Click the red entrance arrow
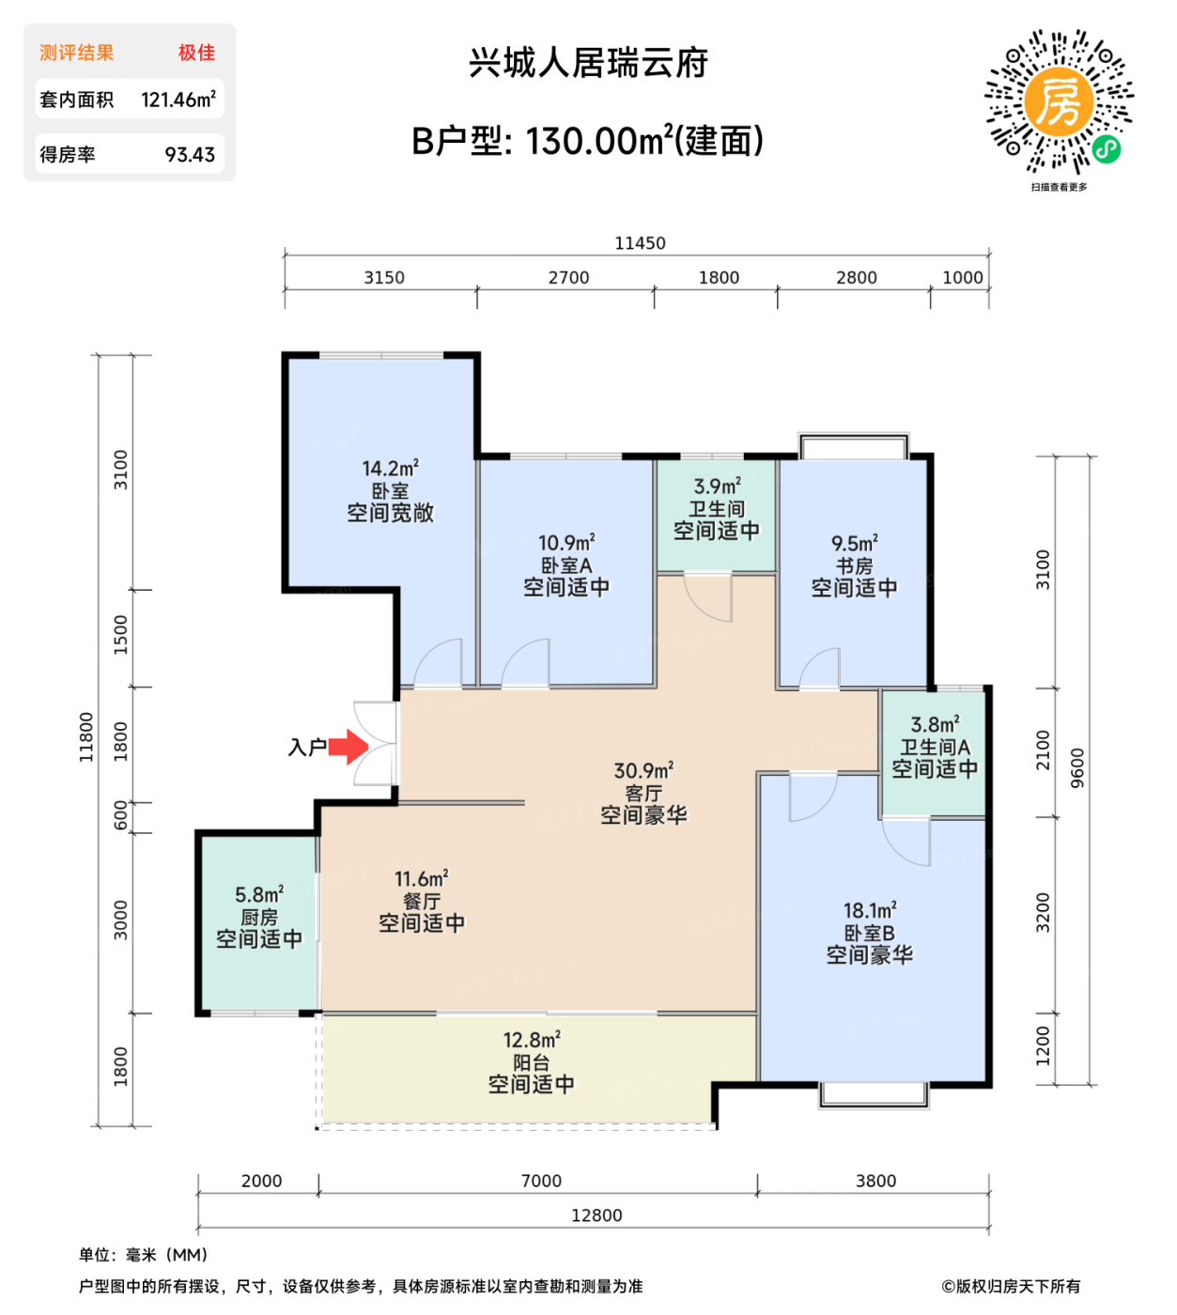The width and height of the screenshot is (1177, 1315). point(348,747)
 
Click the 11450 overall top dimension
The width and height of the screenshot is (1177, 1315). point(640,243)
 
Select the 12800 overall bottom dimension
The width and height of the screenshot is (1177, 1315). point(596,1215)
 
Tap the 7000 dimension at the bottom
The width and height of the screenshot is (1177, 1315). point(541,1181)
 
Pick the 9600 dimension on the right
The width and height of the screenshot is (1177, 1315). point(1077,768)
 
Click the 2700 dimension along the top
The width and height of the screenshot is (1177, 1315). point(568,278)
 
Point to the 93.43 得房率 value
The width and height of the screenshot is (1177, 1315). point(190,155)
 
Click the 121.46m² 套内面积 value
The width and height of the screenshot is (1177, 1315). point(178,100)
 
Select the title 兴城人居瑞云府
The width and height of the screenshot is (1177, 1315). point(588,63)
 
